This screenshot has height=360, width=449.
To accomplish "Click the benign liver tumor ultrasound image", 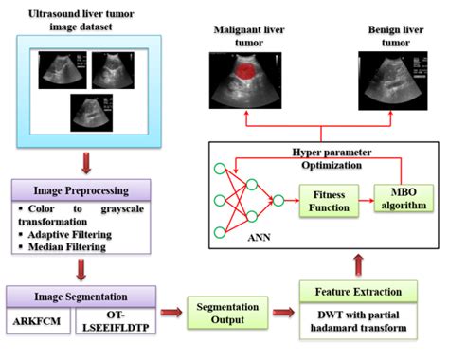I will [x=389, y=78].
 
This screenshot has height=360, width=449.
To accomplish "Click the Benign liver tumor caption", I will [x=391, y=37].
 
